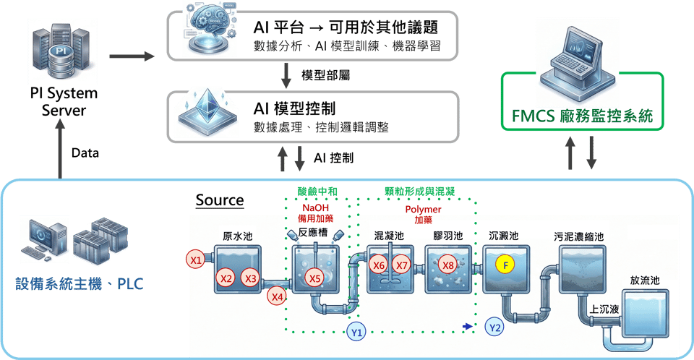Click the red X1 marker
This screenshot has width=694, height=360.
(194, 259)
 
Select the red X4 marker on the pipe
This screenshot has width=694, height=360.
(277, 295)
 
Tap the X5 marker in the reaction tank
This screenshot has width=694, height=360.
(314, 278)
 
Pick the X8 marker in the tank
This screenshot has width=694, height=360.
(447, 265)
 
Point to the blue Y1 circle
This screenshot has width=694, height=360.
(356, 331)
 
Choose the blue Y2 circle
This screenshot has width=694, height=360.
(495, 327)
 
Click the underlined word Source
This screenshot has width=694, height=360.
(219, 200)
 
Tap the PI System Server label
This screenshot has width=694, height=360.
(64, 103)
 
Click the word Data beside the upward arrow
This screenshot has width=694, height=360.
(85, 153)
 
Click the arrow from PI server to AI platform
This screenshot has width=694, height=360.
(130, 56)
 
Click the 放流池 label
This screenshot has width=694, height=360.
(645, 280)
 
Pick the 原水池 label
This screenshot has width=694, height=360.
(238, 236)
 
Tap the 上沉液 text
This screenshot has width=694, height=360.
(604, 309)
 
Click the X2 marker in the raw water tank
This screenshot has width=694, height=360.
(226, 278)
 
